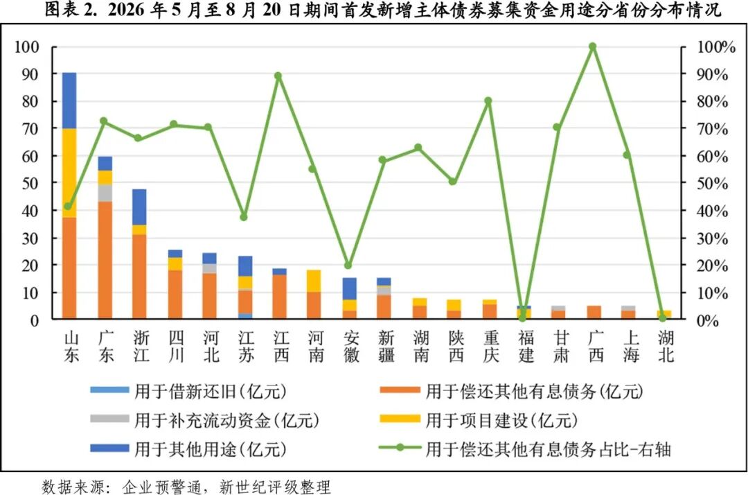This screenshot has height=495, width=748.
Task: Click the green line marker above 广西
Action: click(x=592, y=46)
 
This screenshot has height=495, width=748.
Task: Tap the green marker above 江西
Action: click(x=278, y=76)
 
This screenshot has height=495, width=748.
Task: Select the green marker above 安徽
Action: click(x=348, y=266)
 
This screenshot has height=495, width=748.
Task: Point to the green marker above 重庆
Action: click(x=488, y=101)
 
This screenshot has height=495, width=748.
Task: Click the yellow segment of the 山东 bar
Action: click(x=69, y=173)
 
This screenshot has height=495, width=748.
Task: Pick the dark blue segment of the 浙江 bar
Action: click(x=139, y=207)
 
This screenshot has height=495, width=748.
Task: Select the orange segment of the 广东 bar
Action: click(x=105, y=260)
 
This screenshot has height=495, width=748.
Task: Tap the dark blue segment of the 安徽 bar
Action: click(x=350, y=289)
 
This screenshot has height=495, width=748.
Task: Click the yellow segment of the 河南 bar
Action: click(x=314, y=281)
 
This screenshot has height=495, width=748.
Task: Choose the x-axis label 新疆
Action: click(x=386, y=347)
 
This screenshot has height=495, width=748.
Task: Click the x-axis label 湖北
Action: click(x=666, y=347)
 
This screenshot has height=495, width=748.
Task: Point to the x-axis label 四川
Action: click(x=176, y=347)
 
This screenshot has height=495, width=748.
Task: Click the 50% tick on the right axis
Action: click(x=712, y=184)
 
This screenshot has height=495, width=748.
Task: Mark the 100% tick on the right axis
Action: click(x=716, y=47)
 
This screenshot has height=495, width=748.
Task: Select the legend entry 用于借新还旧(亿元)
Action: click(x=188, y=392)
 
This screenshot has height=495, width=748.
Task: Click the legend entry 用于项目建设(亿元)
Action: click(x=479, y=421)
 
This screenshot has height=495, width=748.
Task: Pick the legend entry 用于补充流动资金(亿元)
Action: click(x=204, y=421)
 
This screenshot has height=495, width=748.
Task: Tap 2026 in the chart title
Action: click(x=126, y=10)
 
